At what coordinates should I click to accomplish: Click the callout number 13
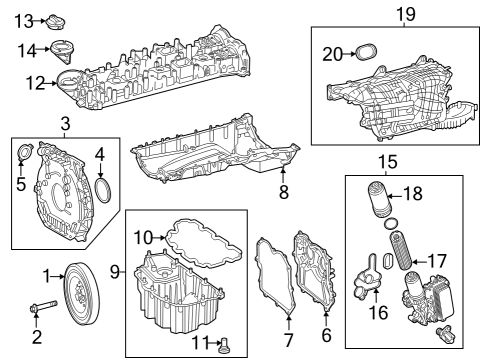pos(24,22)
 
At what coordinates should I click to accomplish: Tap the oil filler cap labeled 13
pos(55,22)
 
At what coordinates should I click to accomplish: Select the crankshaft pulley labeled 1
pos(81,294)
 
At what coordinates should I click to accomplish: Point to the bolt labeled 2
pos(44,306)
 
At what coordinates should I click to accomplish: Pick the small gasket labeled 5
pos(25,152)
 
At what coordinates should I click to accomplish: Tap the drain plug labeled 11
pos(225,345)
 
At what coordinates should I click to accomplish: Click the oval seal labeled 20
pos(366,51)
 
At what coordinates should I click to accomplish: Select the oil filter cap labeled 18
pos(378,200)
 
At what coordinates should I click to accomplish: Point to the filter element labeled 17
pos(401,253)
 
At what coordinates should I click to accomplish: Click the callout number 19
pos(406,14)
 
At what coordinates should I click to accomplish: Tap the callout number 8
pos(284,192)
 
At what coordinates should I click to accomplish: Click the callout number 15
pos(388,162)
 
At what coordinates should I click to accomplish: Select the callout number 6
pos(327,334)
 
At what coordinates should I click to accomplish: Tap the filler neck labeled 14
pos(62,52)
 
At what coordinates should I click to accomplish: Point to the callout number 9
pos(115,272)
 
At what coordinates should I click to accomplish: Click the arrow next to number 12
pos(51,83)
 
